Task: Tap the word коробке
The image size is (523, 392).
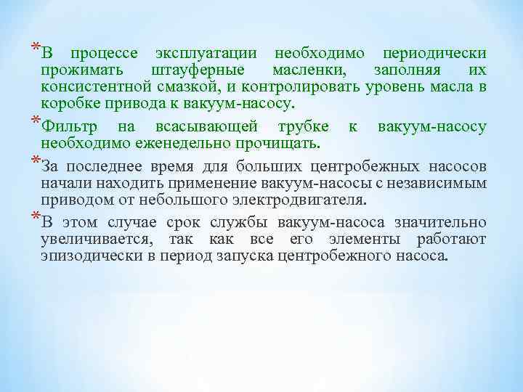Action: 67,103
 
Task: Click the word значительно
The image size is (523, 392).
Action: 442,223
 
